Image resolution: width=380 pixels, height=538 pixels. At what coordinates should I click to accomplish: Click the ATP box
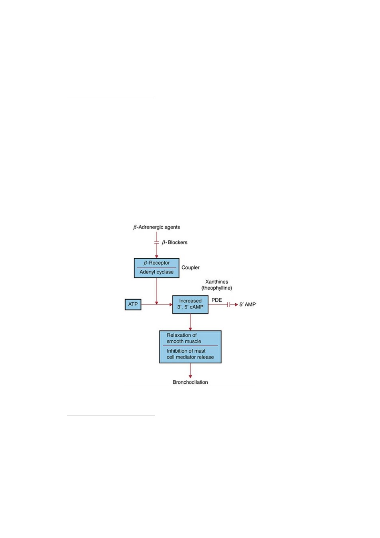pos(133,304)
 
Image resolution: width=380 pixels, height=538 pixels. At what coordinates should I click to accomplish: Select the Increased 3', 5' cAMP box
pos(190,304)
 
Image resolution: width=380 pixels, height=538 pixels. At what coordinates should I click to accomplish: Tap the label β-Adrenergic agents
pos(156,227)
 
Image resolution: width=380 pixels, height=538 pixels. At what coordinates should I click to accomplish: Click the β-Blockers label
pos(174,242)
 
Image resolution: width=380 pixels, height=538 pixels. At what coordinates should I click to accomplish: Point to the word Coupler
pos(190,267)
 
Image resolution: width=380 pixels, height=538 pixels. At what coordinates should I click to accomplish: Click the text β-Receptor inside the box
pos(156,263)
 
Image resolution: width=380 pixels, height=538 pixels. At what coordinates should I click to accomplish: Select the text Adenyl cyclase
pos(156,272)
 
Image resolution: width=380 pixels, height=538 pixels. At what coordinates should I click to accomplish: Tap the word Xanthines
pos(217,282)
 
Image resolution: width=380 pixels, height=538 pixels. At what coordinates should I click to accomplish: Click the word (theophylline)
pos(217,288)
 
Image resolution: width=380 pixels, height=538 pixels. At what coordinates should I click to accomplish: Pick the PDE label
pos(217,300)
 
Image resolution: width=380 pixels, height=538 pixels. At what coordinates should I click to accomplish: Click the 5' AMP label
pos(247,304)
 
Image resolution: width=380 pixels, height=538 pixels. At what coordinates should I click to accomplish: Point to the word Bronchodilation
pos(190,382)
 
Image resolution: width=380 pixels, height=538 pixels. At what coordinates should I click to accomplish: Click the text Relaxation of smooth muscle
pos(184,338)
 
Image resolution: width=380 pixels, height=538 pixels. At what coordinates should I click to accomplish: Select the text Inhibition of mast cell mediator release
pos(190,354)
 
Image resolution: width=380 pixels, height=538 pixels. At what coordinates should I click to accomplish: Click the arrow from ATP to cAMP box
pos(157,304)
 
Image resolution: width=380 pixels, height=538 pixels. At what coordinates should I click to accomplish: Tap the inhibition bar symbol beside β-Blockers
pos(156,242)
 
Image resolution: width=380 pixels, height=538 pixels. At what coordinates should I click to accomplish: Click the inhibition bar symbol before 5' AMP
pos(228,304)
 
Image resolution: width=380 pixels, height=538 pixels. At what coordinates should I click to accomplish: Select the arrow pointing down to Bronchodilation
pos(190,370)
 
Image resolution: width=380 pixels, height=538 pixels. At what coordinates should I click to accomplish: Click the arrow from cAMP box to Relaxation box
pos(190,322)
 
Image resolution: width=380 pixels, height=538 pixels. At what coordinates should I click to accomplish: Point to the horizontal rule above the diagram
pos(110,97)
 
